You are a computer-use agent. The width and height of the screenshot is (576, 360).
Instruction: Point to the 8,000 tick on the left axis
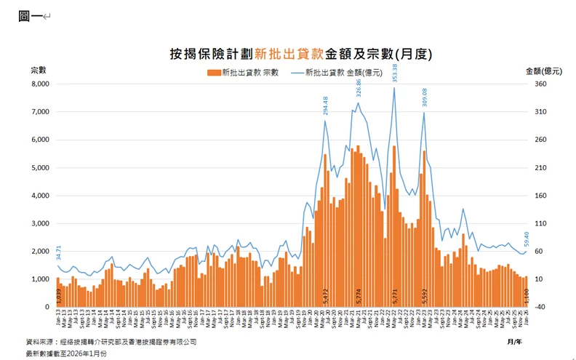(x=38, y=84)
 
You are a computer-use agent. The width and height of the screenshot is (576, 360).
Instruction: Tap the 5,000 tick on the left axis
(x=38, y=168)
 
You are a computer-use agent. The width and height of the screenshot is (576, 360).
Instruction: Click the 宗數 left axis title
(x=39, y=71)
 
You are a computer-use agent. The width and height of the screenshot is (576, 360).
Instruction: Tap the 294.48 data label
(x=326, y=106)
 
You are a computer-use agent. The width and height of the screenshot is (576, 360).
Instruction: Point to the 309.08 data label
(x=425, y=97)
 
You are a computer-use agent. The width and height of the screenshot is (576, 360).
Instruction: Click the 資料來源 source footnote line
(x=111, y=341)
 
